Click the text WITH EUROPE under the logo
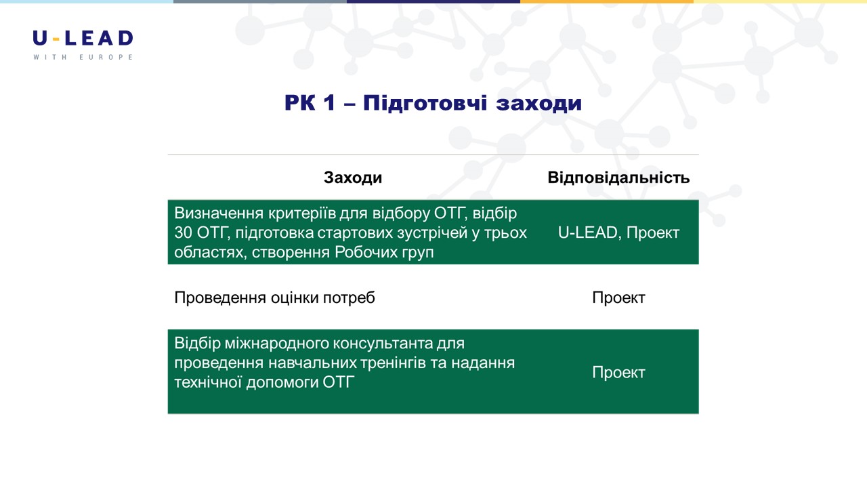[x=83, y=57]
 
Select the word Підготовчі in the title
[x=425, y=104]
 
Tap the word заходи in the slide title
[x=538, y=104]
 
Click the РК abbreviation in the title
[x=300, y=103]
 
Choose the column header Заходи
[x=353, y=178]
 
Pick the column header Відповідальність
[x=618, y=178]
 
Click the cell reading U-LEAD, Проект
[x=618, y=232]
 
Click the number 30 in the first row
[x=183, y=232]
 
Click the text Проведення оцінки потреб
[x=274, y=298]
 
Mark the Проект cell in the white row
[x=618, y=298]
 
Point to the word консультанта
[x=383, y=343]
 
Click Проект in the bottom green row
[x=618, y=372]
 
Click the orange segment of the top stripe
[x=607, y=1]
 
